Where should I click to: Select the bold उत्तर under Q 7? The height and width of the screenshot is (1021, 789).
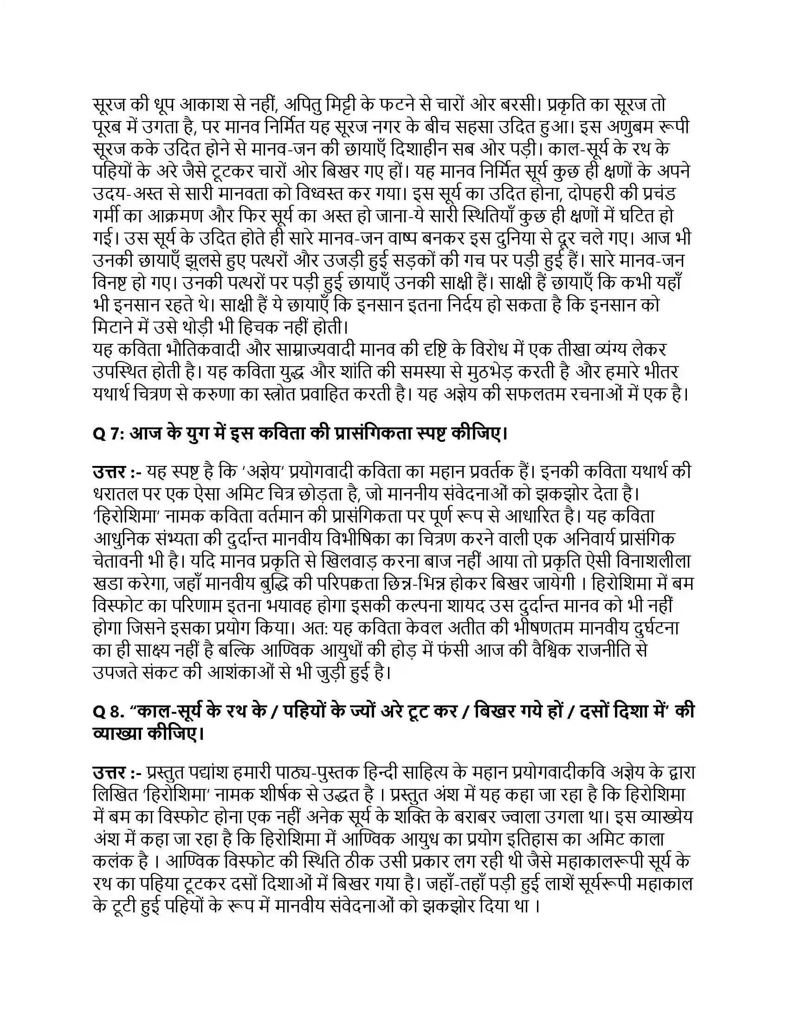tap(110, 472)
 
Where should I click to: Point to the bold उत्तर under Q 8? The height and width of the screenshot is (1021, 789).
tap(110, 773)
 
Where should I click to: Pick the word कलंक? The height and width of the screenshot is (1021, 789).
tap(112, 862)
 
